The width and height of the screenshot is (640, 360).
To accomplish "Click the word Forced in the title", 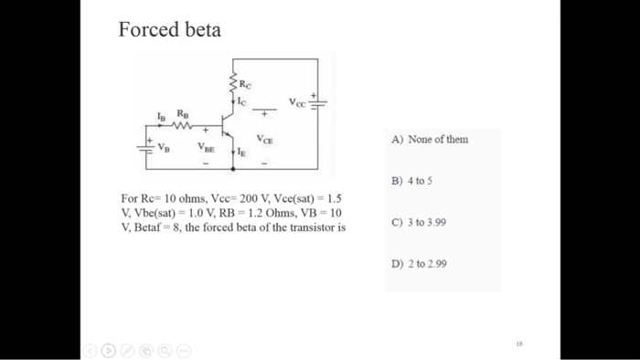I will pos(146,30).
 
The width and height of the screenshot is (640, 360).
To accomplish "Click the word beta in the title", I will pos(199,30).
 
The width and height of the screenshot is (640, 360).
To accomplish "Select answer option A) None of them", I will pos(429,139).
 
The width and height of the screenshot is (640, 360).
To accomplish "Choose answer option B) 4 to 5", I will pos(411,180).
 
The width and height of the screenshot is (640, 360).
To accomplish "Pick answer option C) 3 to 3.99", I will pos(418,221).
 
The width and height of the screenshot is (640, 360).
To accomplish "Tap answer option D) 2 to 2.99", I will pos(418,263).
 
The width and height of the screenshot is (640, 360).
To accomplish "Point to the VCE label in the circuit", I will pos(264,140).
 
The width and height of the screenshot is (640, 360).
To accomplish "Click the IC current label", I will pos(241,103).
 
